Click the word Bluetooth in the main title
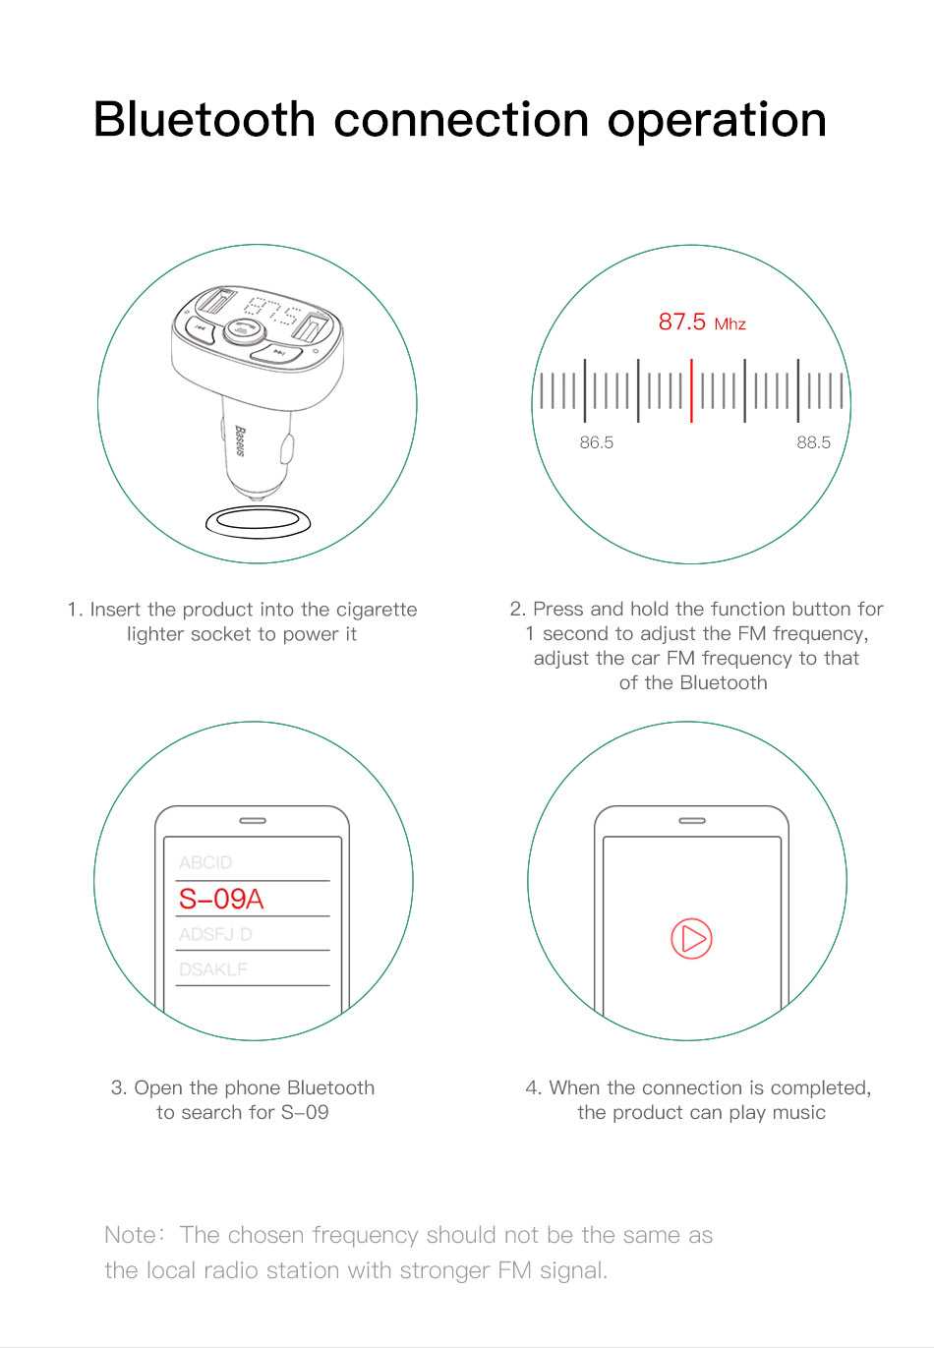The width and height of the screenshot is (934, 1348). coord(204,119)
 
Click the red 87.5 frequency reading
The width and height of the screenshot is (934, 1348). coord(681,322)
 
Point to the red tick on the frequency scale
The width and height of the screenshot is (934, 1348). coord(691,390)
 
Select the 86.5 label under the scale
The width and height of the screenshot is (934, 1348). coord(597,442)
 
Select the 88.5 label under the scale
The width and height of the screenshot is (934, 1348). coord(813,442)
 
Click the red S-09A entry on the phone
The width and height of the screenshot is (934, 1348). coord(221,899)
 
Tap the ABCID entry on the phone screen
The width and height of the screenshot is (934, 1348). coord(205,862)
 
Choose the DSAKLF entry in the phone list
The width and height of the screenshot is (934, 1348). coord(213,968)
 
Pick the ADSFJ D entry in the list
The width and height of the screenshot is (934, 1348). coord(215,934)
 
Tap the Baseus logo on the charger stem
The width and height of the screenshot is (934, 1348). coord(240,441)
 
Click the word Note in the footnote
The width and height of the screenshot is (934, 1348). coord(130,1234)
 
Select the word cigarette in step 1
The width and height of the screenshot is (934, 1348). coord(377,610)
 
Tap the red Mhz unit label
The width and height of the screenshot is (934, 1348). coord(730,324)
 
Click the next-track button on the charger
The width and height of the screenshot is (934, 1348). coord(276,353)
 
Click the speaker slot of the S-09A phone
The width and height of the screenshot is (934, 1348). coord(252,820)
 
